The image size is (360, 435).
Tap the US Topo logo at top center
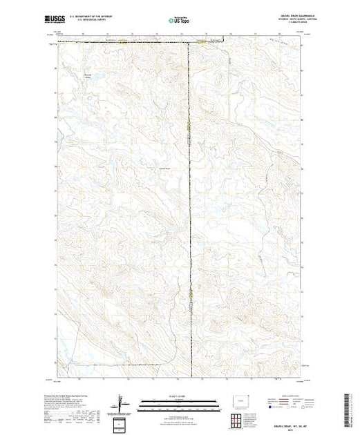(180, 21)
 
